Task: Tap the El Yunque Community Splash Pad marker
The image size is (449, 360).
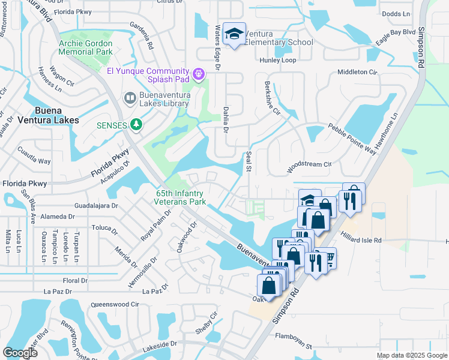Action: pyautogui.click(x=199, y=74)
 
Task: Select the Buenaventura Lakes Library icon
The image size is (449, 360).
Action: pyautogui.click(x=129, y=98)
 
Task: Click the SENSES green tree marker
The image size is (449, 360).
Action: pyautogui.click(x=137, y=125)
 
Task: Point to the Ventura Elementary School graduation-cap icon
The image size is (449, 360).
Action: pyautogui.click(x=234, y=34)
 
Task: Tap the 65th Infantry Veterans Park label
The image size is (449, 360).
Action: pyautogui.click(x=180, y=198)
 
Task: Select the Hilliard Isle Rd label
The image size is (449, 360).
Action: pyautogui.click(x=361, y=241)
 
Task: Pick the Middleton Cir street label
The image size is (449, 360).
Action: pyautogui.click(x=357, y=72)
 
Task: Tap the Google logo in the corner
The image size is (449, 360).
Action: pyautogui.click(x=20, y=353)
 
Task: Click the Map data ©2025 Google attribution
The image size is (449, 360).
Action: pyautogui.click(x=411, y=355)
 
